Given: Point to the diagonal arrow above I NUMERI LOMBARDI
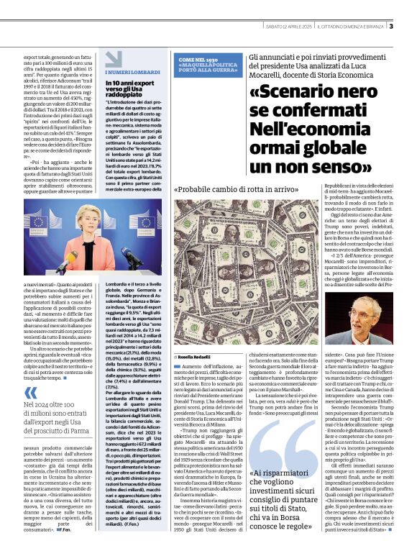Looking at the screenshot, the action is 108,64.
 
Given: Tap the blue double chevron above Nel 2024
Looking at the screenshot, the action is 30,393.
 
